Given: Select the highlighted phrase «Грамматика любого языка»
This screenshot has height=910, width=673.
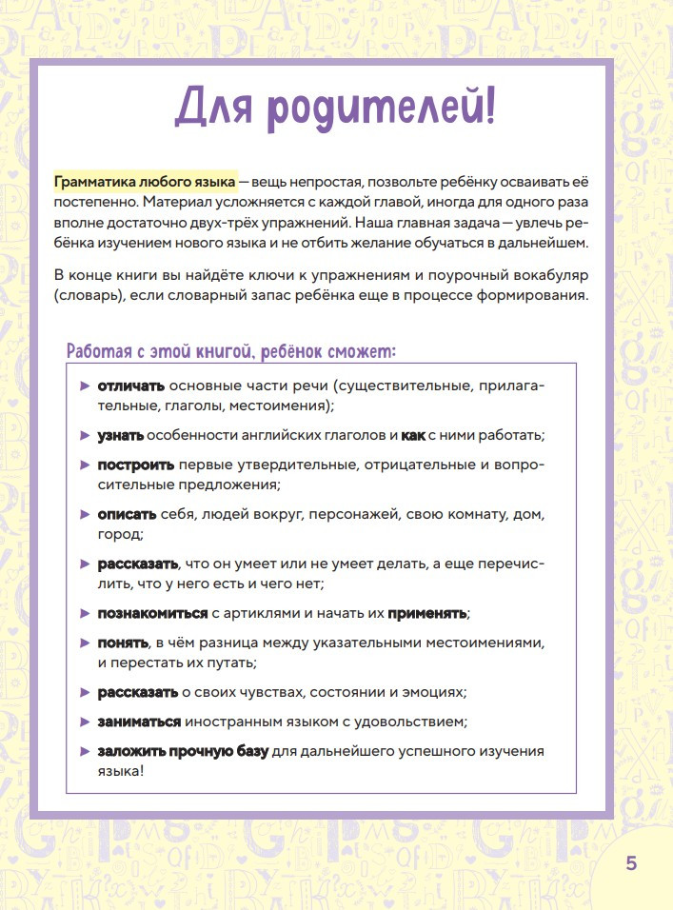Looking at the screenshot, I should click(145, 182).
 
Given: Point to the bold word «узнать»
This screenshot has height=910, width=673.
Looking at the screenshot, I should click(120, 435).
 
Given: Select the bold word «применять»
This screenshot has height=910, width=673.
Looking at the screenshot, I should click(427, 613).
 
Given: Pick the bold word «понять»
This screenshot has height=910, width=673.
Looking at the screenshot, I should click(123, 643).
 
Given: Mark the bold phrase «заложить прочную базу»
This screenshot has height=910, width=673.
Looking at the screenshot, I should click(183, 752).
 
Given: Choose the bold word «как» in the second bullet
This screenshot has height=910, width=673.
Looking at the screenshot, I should click(412, 435).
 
